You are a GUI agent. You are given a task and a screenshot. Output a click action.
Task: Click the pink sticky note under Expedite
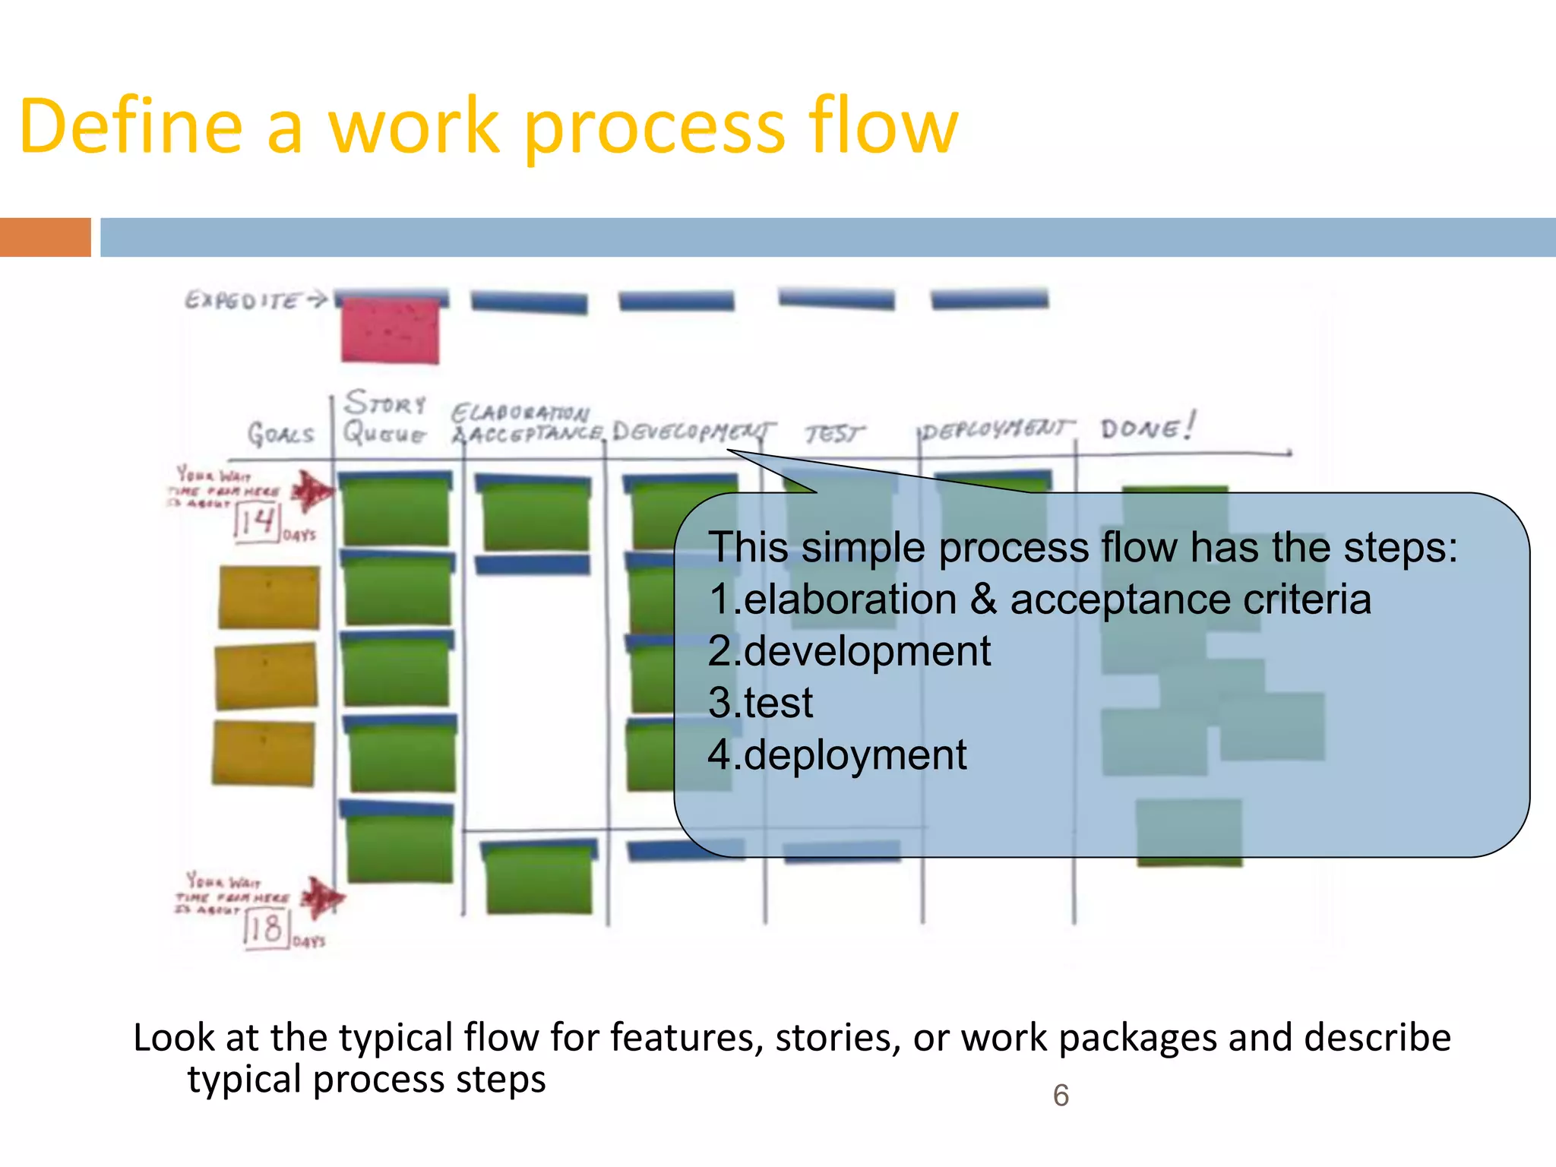point(390,330)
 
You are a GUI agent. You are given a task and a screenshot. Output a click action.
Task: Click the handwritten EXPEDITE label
point(243,301)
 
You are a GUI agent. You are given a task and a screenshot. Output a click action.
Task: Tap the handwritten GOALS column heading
point(280,435)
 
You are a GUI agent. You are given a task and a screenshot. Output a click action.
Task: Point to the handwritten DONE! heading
point(1147,428)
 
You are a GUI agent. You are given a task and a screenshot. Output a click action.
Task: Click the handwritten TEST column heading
point(834,434)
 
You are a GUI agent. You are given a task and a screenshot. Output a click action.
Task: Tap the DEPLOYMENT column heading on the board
point(997,429)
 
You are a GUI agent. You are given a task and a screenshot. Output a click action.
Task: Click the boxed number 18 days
point(265,928)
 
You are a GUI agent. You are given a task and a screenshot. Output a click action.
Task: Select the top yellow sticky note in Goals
point(269,597)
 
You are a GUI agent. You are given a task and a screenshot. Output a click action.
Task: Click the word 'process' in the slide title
point(654,128)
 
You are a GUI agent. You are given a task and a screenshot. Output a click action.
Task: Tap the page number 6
point(1061,1096)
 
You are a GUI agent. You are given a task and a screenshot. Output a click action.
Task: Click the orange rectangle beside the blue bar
point(45,237)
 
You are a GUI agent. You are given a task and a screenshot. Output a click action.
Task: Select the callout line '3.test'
point(760,703)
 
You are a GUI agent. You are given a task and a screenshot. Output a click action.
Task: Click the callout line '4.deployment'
point(837,754)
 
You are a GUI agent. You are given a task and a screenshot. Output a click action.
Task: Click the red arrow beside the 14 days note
point(312,492)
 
